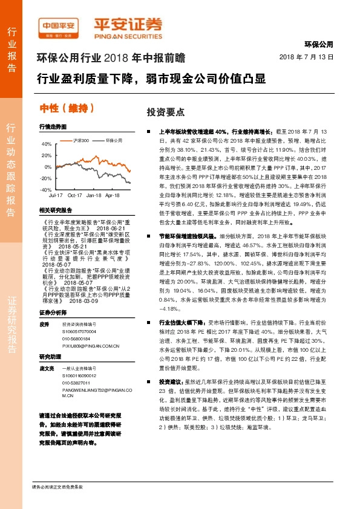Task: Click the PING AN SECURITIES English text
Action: tap(127, 36)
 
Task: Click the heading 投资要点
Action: tap(162, 113)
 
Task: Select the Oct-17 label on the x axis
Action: tap(75, 196)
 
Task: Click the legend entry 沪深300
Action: tap(80, 140)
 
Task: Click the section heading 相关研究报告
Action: tap(55, 210)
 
